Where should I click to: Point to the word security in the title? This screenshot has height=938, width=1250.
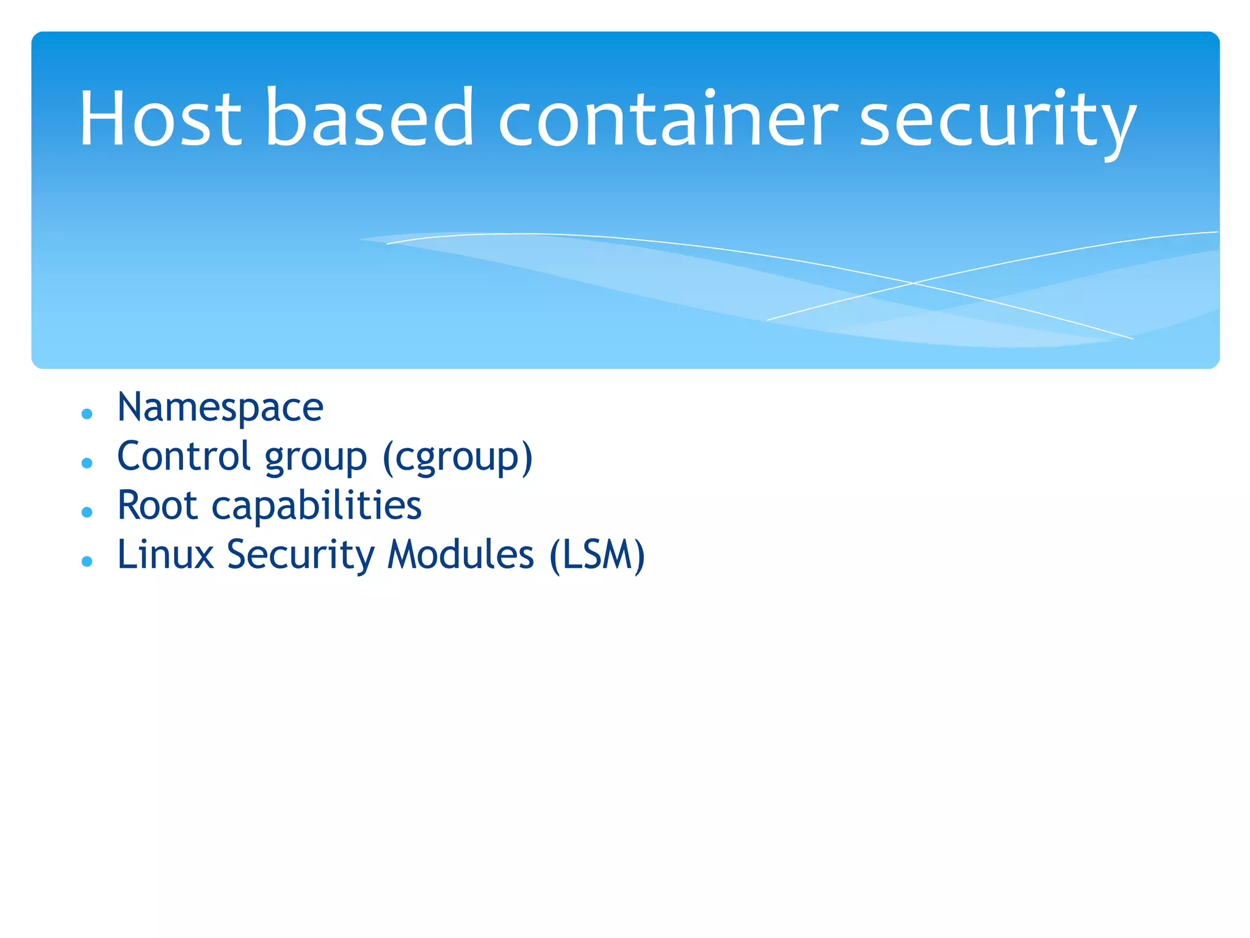click(x=997, y=122)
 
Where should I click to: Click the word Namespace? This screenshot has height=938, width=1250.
click(x=220, y=407)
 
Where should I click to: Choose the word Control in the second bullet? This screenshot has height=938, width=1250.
click(x=184, y=456)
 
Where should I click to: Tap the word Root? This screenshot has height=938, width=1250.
click(x=157, y=506)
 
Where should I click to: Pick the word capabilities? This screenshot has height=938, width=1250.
click(x=316, y=507)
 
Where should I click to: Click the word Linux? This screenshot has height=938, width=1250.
click(x=165, y=554)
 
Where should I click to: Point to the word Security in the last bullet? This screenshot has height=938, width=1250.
click(x=301, y=556)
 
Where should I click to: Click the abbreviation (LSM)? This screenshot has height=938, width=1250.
click(x=597, y=556)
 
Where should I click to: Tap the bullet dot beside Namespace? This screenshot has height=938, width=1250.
click(x=87, y=414)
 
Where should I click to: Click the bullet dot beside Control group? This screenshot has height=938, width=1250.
click(x=87, y=464)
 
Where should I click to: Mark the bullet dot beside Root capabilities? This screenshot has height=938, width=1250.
click(x=87, y=512)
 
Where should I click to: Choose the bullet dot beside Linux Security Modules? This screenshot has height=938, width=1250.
click(x=87, y=561)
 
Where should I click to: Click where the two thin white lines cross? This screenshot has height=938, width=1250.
click(x=913, y=283)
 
